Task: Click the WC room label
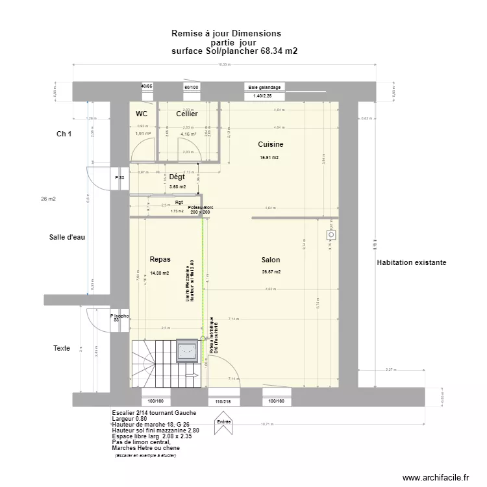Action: tap(141, 114)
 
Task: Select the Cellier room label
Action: tap(187, 114)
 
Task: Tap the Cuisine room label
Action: tap(271, 144)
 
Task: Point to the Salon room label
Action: tap(271, 259)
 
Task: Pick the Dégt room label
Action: tap(177, 177)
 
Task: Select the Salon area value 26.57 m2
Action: tap(271, 272)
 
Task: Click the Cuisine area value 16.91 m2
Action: tap(269, 158)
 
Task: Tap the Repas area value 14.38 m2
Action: tap(159, 273)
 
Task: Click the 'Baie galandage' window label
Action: tap(264, 87)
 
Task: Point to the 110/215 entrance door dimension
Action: tap(223, 402)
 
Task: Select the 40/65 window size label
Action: tap(147, 86)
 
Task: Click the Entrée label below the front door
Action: tap(224, 421)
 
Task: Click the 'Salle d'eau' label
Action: tap(67, 237)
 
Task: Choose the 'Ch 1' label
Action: tap(64, 134)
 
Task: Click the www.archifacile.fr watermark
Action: tap(435, 477)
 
